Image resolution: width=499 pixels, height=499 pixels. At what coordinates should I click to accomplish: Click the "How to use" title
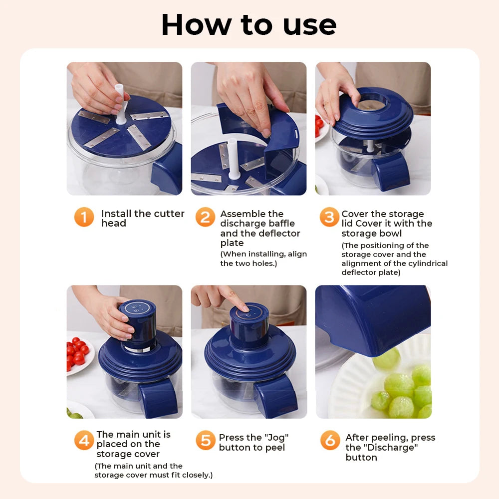click(x=249, y=24)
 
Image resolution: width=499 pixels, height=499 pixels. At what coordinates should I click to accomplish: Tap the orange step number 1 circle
click(x=84, y=217)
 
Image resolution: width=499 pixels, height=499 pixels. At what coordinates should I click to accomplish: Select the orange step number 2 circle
click(x=205, y=217)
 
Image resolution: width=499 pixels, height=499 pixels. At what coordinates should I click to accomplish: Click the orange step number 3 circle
click(x=329, y=217)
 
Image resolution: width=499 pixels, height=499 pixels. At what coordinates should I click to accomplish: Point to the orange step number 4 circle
click(x=84, y=440)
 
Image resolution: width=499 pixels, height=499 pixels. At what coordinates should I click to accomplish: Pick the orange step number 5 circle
click(x=205, y=441)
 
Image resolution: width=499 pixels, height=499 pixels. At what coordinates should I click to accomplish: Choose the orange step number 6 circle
click(x=329, y=441)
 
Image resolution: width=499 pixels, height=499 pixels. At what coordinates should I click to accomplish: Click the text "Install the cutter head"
click(x=142, y=218)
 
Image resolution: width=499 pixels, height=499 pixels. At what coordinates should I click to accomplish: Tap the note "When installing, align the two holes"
click(x=263, y=258)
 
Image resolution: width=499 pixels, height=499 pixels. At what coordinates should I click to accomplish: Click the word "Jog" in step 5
click(x=277, y=438)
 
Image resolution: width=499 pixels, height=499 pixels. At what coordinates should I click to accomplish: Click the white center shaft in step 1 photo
click(x=120, y=102)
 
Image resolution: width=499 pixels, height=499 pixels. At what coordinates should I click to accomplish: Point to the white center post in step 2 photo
click(x=233, y=157)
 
